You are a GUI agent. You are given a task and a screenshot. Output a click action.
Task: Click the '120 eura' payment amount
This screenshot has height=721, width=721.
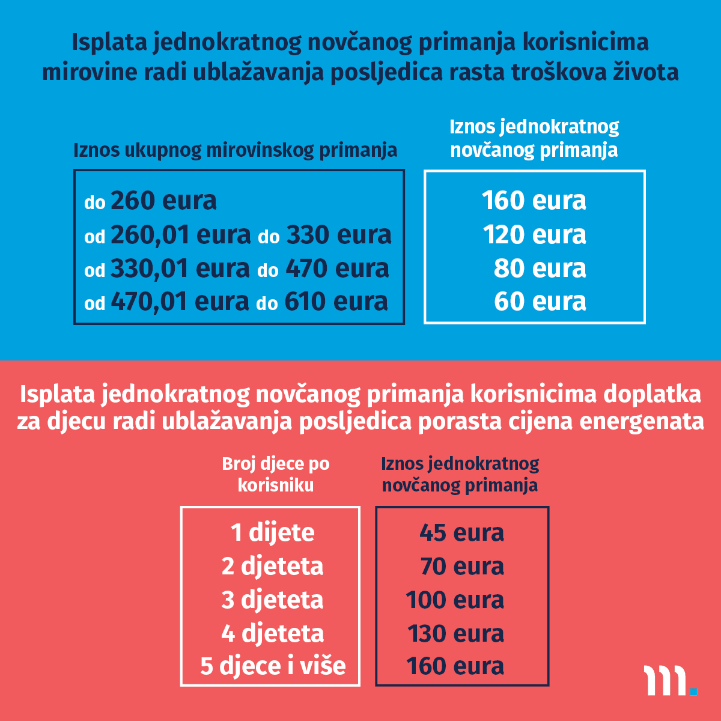(x=534, y=234)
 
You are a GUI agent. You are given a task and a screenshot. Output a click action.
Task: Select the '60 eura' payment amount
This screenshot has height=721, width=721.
(x=540, y=302)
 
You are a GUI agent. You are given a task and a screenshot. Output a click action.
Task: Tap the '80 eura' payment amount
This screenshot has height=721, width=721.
(x=540, y=268)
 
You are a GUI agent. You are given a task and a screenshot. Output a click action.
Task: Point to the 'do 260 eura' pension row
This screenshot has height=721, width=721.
(x=150, y=201)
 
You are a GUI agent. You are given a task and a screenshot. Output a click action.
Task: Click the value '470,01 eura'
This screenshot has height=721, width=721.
(x=180, y=302)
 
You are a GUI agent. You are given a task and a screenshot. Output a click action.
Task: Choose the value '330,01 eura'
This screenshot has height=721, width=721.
(x=180, y=268)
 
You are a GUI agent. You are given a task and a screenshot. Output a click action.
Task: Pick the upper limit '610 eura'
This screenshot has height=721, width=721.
(x=336, y=302)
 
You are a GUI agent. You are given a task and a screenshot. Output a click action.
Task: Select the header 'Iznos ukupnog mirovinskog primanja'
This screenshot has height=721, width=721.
(x=235, y=150)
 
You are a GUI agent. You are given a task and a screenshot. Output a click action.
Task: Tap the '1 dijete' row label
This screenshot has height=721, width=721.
(x=272, y=532)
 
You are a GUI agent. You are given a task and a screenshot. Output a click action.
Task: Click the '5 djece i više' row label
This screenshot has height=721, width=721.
(x=273, y=666)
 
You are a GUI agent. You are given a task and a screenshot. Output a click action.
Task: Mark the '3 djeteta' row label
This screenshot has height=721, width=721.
(x=272, y=600)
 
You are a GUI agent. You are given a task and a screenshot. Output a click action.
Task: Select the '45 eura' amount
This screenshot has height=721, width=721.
(x=461, y=532)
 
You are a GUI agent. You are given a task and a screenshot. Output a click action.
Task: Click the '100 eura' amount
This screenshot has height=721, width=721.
(x=455, y=600)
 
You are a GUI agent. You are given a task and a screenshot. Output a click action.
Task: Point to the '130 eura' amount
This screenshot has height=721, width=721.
(x=455, y=633)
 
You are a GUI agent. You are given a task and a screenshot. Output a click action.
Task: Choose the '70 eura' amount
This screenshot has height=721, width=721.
(x=461, y=566)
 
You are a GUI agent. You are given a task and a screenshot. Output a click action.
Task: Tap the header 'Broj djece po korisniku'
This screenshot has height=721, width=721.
(x=276, y=474)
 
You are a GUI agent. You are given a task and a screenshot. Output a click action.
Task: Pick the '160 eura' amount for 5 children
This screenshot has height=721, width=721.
(x=455, y=666)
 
